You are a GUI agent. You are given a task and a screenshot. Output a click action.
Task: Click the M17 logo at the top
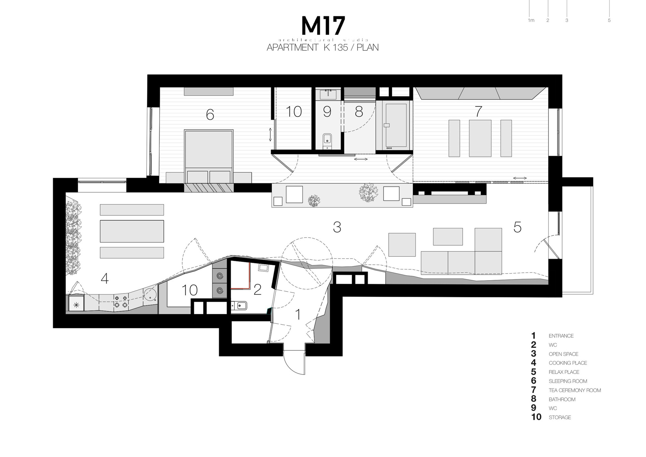[323, 26]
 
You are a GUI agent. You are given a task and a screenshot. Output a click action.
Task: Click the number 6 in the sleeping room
[210, 114]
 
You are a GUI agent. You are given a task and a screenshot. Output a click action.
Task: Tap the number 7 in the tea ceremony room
[478, 112]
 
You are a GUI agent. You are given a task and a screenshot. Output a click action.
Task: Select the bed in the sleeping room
[209, 155]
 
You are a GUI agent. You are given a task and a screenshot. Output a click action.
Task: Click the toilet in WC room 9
[327, 139]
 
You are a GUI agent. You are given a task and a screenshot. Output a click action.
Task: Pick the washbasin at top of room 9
[328, 94]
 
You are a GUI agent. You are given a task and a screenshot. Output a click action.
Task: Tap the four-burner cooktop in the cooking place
[121, 301]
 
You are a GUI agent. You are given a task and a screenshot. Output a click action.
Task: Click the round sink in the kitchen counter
[150, 294]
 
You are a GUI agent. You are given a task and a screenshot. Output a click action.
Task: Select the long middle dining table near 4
[132, 231]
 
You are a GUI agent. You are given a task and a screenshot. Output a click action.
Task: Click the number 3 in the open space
[337, 228]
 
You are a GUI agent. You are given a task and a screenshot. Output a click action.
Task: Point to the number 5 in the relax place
[517, 228]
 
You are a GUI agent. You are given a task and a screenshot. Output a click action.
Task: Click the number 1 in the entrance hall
[298, 314]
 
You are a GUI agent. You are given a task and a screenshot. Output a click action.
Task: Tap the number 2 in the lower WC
[257, 290]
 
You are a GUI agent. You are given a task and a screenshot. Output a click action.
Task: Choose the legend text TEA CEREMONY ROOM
[575, 390]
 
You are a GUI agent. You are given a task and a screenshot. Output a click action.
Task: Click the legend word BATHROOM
[562, 399]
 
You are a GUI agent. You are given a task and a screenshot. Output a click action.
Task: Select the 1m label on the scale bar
[531, 20]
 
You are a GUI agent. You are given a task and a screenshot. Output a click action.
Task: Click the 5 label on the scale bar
[609, 20]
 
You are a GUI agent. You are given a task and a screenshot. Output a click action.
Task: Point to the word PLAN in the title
[368, 48]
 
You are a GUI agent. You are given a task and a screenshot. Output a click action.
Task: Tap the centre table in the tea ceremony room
[480, 138]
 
